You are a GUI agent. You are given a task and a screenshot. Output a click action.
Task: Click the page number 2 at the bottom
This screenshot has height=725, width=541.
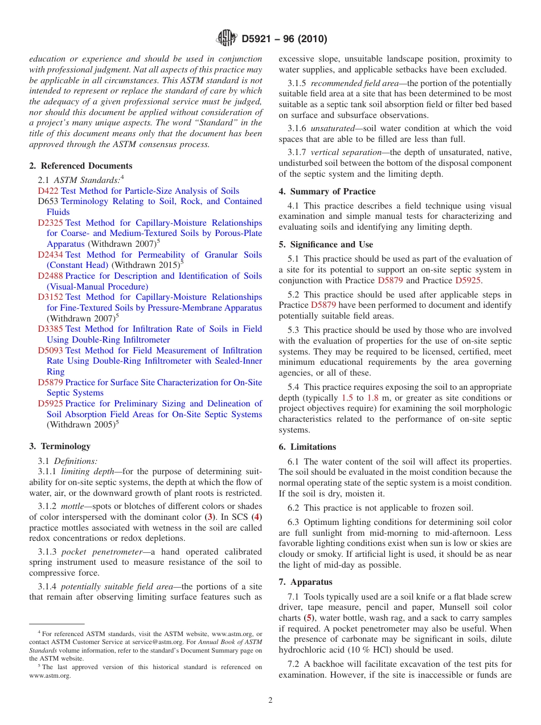click(x=270, y=700)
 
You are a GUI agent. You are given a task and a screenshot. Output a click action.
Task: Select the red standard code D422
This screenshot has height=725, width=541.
click(x=48, y=191)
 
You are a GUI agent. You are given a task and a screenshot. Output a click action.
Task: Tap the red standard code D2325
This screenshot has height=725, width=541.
click(x=50, y=223)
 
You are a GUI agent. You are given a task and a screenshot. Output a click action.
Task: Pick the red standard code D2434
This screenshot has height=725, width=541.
click(x=50, y=255)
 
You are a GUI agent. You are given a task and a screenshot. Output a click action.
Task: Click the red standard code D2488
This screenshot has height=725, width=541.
click(x=50, y=276)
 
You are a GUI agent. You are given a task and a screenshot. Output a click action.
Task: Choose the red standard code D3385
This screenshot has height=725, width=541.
click(x=50, y=329)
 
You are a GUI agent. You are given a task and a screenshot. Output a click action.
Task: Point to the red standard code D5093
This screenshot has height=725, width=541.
click(x=50, y=351)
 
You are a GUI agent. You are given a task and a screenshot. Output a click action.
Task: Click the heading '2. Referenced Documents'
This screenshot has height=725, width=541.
click(x=81, y=166)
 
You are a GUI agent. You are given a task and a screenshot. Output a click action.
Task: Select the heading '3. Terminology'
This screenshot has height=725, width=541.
click(x=60, y=446)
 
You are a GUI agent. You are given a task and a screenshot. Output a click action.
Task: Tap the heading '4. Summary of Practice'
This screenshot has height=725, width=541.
click(x=327, y=192)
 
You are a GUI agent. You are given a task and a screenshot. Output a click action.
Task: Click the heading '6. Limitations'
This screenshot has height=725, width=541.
click(x=308, y=447)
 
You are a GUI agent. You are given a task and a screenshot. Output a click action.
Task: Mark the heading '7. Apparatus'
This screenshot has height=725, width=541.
click(x=306, y=582)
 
